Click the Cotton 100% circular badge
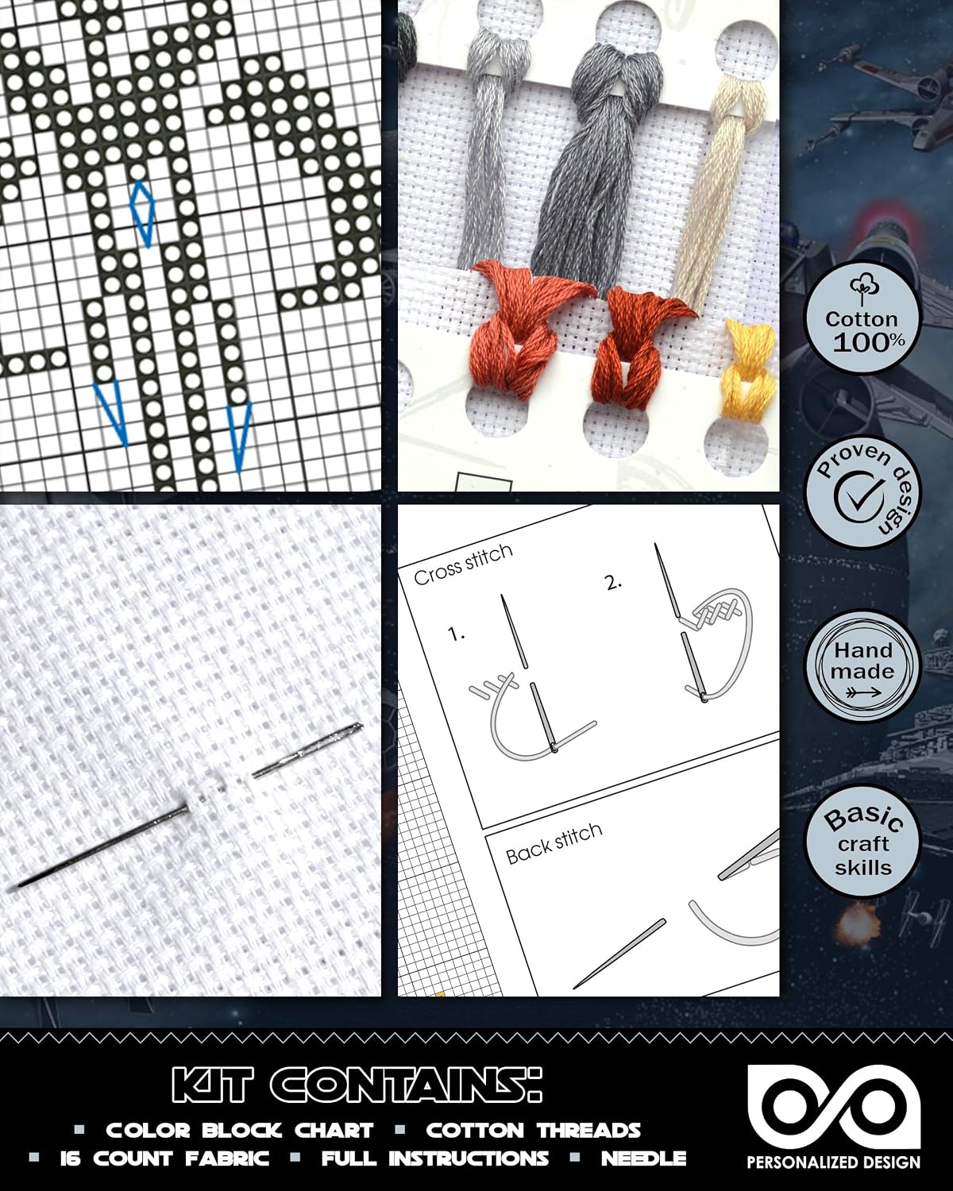[x=863, y=318]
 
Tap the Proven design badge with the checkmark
[x=863, y=491]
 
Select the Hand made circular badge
[x=863, y=666]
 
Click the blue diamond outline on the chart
[x=142, y=213]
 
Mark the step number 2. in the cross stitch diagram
[x=614, y=583]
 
